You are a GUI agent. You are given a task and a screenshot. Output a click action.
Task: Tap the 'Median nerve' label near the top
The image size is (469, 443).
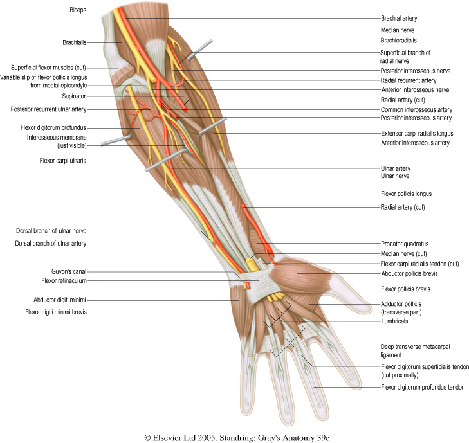coord(398,30)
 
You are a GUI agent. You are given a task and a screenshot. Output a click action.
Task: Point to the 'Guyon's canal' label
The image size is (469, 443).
coord(69,272)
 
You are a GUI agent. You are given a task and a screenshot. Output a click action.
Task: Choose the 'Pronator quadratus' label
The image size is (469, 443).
coord(405,244)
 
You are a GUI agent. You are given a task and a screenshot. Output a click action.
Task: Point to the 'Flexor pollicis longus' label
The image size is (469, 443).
coord(409,194)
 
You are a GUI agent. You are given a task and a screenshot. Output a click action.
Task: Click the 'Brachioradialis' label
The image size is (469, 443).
coord(400,40)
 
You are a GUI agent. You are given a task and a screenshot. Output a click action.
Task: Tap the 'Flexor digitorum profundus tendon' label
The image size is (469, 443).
coord(423,387)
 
